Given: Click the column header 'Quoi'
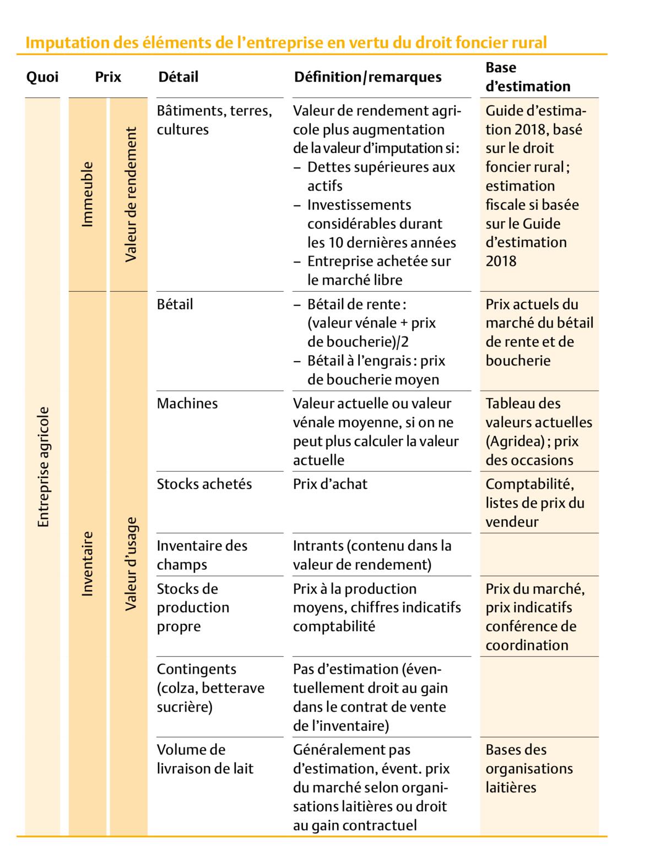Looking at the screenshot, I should (x=42, y=77).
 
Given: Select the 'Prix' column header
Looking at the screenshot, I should (x=108, y=77).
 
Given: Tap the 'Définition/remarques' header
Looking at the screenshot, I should (x=367, y=77).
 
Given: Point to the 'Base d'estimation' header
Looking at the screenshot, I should (x=527, y=77).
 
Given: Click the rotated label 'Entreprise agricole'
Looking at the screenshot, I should (x=43, y=467).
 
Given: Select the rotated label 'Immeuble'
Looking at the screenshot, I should (x=87, y=194).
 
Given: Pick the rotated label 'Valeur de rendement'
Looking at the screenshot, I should (x=130, y=194).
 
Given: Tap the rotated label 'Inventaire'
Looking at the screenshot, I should (x=87, y=563).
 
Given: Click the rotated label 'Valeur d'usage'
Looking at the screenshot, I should (x=130, y=563).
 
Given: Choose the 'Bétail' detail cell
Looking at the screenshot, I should (x=175, y=304).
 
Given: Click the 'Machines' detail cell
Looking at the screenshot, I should (x=187, y=403).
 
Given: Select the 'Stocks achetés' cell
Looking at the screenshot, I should (x=204, y=484).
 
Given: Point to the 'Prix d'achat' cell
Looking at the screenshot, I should (x=330, y=484).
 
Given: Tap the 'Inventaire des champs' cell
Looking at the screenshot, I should (x=202, y=555).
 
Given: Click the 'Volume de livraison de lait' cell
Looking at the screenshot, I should (x=205, y=759).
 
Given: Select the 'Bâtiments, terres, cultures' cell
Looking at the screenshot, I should (x=214, y=120).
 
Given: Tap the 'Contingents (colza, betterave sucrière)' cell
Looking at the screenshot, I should (x=210, y=688).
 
